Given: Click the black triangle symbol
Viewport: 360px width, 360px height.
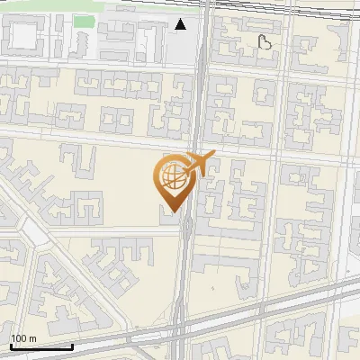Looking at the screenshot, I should coord(181,24).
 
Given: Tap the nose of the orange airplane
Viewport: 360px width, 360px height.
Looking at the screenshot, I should coord(214,156).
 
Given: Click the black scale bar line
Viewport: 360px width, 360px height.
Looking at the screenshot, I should coord(41,346).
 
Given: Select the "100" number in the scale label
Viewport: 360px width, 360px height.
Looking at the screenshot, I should coord(19,338).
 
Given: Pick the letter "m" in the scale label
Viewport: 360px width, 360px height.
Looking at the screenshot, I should coord(32,338).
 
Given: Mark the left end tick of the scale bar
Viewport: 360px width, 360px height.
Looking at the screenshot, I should coord(11,345).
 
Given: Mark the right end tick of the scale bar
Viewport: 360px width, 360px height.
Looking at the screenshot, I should coord(72,345).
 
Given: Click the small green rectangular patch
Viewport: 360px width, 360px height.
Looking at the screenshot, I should coord(84,21).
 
